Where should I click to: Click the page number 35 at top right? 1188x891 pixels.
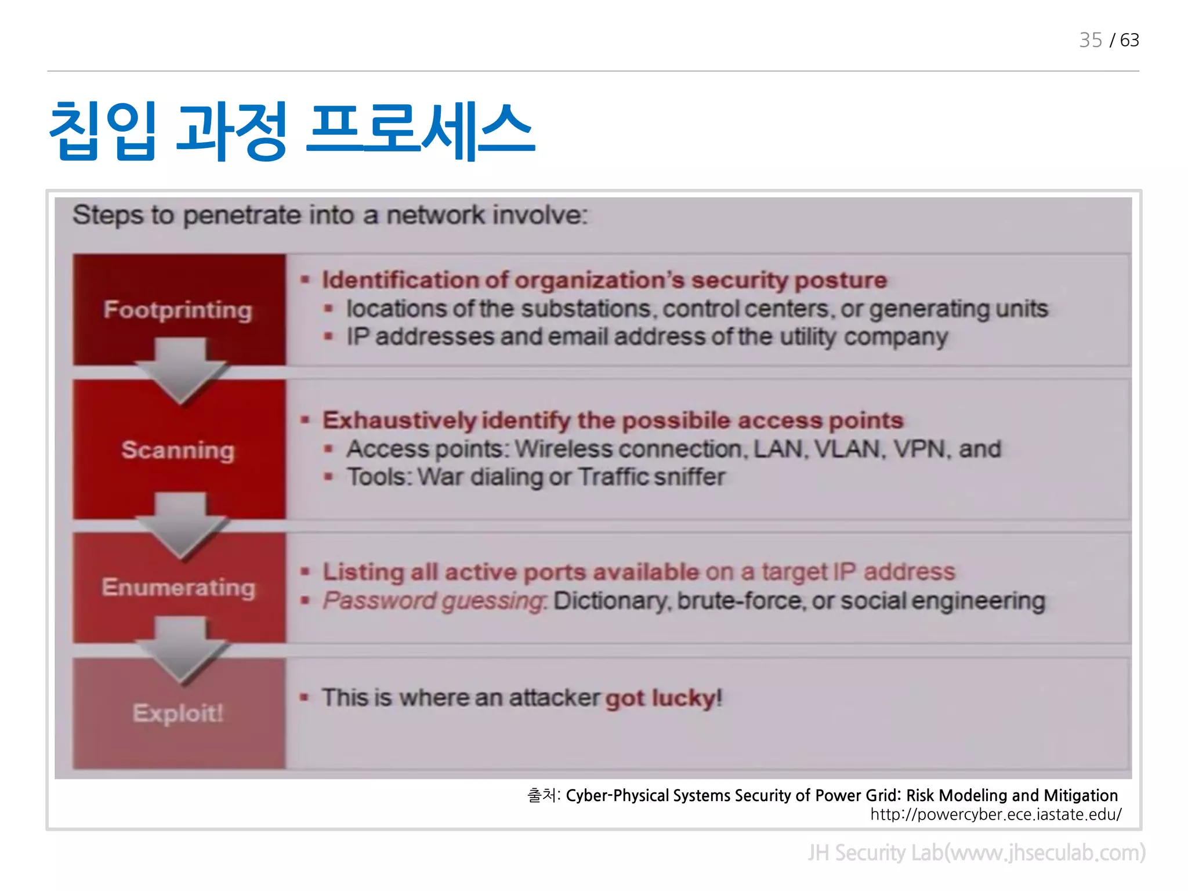(x=1090, y=40)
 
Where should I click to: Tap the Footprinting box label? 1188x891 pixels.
(x=178, y=310)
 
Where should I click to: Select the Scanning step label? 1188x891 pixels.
(x=178, y=450)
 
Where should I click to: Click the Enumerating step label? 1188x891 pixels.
(x=178, y=587)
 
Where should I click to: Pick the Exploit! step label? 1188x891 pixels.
(x=178, y=713)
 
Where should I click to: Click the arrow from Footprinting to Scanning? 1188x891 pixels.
(x=180, y=371)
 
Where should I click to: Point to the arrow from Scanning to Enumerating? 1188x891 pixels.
(x=180, y=525)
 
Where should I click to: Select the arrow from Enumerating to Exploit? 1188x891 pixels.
(x=180, y=650)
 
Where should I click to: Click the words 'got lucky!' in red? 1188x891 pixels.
(x=664, y=698)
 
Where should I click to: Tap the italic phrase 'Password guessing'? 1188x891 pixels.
(x=434, y=601)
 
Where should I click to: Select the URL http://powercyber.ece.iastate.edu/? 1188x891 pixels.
(x=995, y=814)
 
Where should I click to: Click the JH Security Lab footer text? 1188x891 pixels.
(x=976, y=853)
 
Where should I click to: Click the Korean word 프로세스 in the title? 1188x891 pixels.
(x=420, y=131)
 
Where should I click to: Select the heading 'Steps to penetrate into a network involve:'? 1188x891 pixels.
(x=330, y=215)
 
